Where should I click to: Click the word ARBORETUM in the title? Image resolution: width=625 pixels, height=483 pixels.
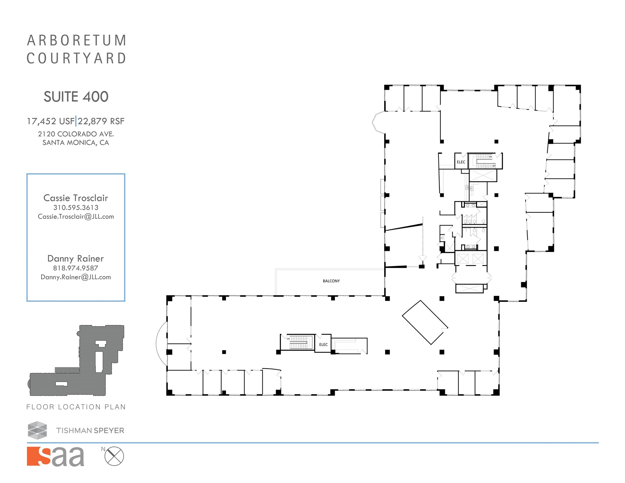pyautogui.click(x=76, y=41)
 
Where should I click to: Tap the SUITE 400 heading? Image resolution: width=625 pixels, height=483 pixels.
pyautogui.click(x=76, y=97)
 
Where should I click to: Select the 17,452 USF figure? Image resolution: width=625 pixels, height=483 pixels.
pyautogui.click(x=51, y=121)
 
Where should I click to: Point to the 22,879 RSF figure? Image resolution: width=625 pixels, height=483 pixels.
pyautogui.click(x=101, y=121)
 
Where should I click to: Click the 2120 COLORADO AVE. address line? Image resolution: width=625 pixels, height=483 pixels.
pyautogui.click(x=76, y=134)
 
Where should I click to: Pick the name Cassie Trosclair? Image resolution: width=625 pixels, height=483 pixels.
pyautogui.click(x=76, y=198)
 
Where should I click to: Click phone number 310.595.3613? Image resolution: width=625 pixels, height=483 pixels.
pyautogui.click(x=76, y=208)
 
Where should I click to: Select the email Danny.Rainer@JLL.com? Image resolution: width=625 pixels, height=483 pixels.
pyautogui.click(x=76, y=277)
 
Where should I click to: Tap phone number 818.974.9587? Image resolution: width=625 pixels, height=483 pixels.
pyautogui.click(x=76, y=268)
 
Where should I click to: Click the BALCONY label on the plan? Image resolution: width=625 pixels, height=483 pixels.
pyautogui.click(x=331, y=281)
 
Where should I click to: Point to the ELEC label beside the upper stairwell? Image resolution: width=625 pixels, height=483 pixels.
pyautogui.click(x=461, y=162)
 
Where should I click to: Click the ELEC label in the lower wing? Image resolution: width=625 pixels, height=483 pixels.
pyautogui.click(x=323, y=345)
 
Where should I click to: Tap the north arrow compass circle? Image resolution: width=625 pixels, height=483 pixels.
pyautogui.click(x=114, y=456)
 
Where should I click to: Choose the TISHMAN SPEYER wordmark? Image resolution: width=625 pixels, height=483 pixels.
pyautogui.click(x=90, y=431)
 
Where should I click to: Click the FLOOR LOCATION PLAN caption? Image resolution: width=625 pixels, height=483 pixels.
pyautogui.click(x=76, y=407)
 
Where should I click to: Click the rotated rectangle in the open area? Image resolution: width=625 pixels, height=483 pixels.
pyautogui.click(x=425, y=322)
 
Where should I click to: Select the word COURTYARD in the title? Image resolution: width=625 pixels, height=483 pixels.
pyautogui.click(x=76, y=59)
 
